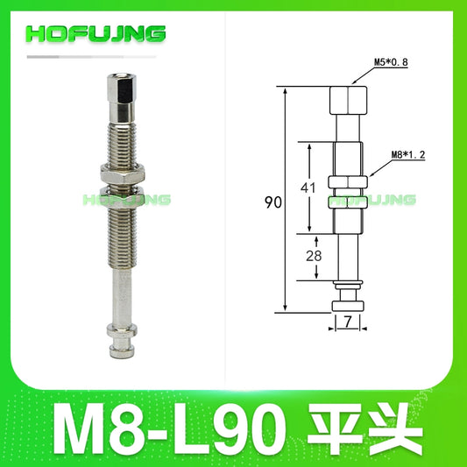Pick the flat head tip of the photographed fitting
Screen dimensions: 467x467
tap(119, 349)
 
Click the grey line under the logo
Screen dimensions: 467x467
tap(105, 57)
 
